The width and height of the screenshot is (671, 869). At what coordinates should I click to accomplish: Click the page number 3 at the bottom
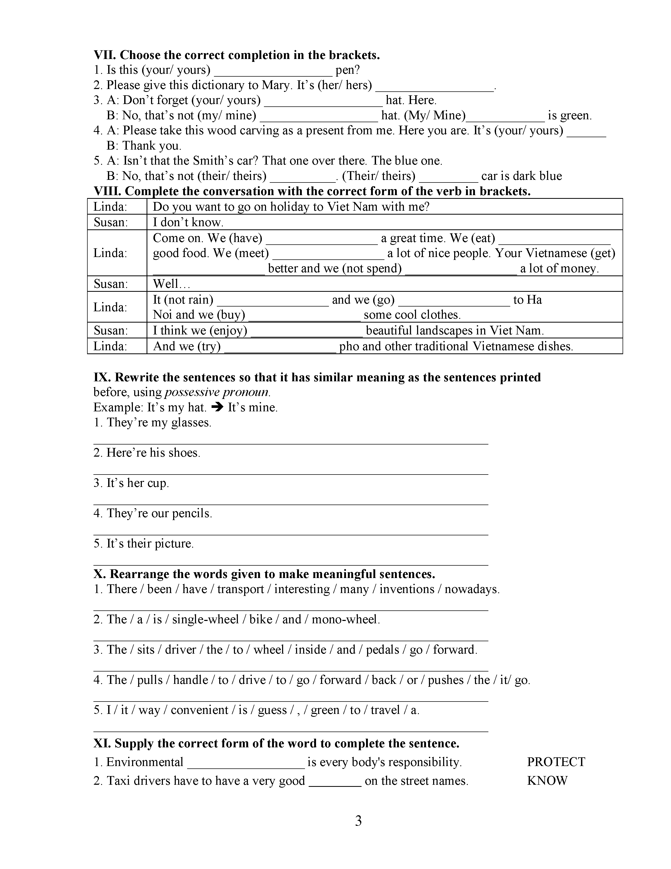(358, 821)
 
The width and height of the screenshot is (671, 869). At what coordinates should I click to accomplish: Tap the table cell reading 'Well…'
(166, 284)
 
